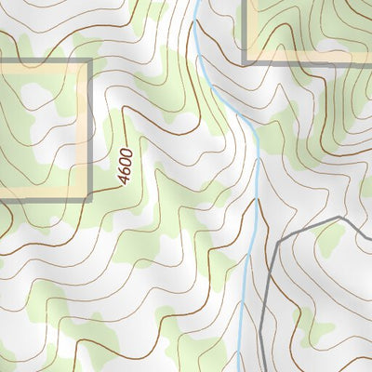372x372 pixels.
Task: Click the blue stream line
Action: pos(255,186)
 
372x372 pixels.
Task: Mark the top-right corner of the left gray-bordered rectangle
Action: pos(91,61)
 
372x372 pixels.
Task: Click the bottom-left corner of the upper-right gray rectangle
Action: pos(245,62)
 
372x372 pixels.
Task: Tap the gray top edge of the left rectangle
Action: pos(46,61)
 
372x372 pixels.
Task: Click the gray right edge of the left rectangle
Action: pos(91,130)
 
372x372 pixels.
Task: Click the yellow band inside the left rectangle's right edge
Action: pos(86,130)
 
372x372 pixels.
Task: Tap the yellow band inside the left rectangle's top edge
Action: pos(46,67)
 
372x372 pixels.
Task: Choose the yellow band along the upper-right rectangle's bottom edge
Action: pos(307,57)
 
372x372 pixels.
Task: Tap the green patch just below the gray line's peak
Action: pos(330,242)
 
